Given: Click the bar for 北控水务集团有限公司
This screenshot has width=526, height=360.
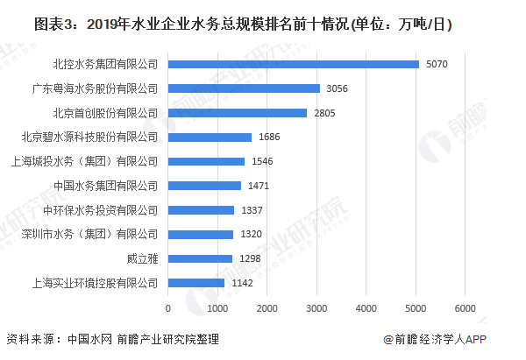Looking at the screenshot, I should (x=293, y=64).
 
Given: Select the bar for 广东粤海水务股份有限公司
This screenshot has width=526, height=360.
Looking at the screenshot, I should (x=243, y=88).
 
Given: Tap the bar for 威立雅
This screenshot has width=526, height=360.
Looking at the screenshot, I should (x=200, y=258).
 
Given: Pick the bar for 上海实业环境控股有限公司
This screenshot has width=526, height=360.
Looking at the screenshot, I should (x=195, y=283).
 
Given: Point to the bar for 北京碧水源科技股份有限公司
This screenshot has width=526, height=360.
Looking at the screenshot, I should (x=210, y=138).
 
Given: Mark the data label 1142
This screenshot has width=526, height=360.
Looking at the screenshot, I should (x=241, y=283).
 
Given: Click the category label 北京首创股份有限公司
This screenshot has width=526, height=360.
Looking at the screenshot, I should (x=105, y=113).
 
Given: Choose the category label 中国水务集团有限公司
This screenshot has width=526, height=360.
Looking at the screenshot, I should (x=105, y=186).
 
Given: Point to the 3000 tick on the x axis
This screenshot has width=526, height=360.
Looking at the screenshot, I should (x=316, y=308).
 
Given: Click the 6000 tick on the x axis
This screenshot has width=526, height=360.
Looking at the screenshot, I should (x=465, y=308).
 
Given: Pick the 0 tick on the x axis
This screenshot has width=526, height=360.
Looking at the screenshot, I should (x=167, y=308).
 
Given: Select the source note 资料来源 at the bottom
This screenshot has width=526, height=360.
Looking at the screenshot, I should (x=112, y=340).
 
